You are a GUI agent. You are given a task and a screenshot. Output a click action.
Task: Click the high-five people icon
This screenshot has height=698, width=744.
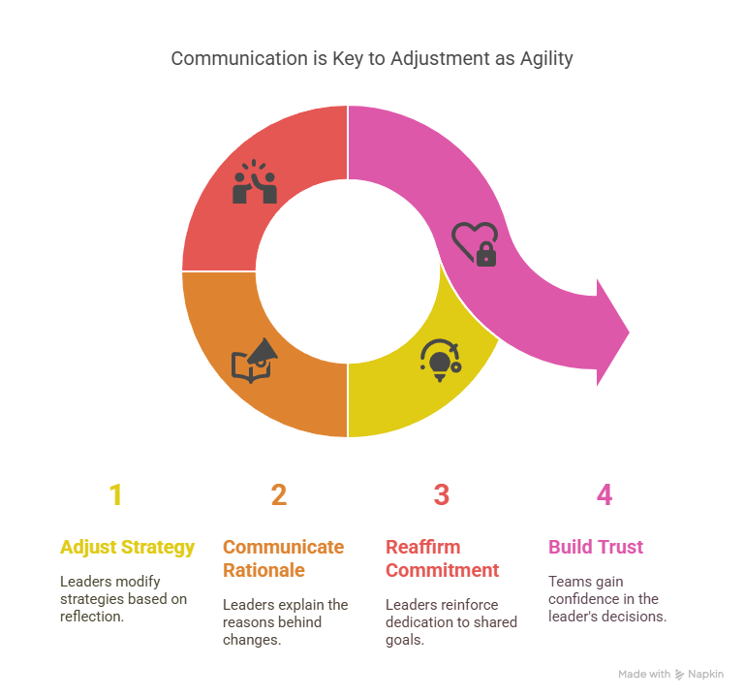point(255,182)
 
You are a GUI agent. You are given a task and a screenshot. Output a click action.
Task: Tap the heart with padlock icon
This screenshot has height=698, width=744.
point(475,244)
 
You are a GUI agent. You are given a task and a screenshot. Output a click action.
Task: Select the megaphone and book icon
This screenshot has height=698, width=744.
point(255,361)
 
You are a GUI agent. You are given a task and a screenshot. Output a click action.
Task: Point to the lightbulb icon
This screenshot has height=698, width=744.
point(441,361)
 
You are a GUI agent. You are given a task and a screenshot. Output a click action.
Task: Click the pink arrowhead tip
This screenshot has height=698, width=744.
point(629,333)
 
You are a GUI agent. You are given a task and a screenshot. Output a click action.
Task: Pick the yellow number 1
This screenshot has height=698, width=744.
point(116,494)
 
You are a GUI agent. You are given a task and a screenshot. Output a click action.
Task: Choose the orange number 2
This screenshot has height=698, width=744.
point(279,494)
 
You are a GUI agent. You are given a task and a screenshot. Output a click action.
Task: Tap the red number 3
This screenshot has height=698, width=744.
point(442,494)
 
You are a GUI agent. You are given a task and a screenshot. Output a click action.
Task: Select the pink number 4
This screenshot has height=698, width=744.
point(604,494)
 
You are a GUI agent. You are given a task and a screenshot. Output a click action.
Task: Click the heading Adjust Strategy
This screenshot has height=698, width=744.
point(127,548)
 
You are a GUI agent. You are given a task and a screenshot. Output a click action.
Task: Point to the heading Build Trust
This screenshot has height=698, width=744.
point(596,547)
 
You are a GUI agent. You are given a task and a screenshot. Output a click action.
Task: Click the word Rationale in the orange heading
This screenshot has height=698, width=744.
point(263,570)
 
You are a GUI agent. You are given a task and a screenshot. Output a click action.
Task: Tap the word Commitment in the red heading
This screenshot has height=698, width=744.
point(442,570)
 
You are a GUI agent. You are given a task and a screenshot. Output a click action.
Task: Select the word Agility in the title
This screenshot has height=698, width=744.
point(546,59)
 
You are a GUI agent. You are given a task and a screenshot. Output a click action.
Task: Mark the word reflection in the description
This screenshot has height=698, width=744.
point(92,617)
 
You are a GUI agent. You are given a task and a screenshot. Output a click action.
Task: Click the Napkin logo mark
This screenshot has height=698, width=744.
point(679,675)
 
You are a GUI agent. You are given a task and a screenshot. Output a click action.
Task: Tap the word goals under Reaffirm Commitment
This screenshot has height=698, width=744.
point(405,641)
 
